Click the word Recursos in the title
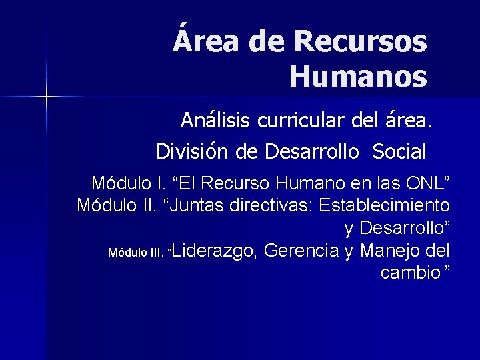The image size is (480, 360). pyautogui.click(x=360, y=41)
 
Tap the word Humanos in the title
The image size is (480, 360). pyautogui.click(x=359, y=77)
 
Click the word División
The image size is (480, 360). pyautogui.click(x=193, y=151)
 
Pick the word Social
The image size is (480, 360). pyautogui.click(x=399, y=151)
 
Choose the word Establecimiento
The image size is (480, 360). pyautogui.click(x=385, y=205)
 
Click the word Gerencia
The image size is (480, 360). pyautogui.click(x=302, y=251)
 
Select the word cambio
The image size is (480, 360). pyautogui.click(x=411, y=273)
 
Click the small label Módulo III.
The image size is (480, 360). pyautogui.click(x=135, y=253)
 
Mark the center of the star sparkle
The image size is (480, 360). pyautogui.click(x=47, y=97)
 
